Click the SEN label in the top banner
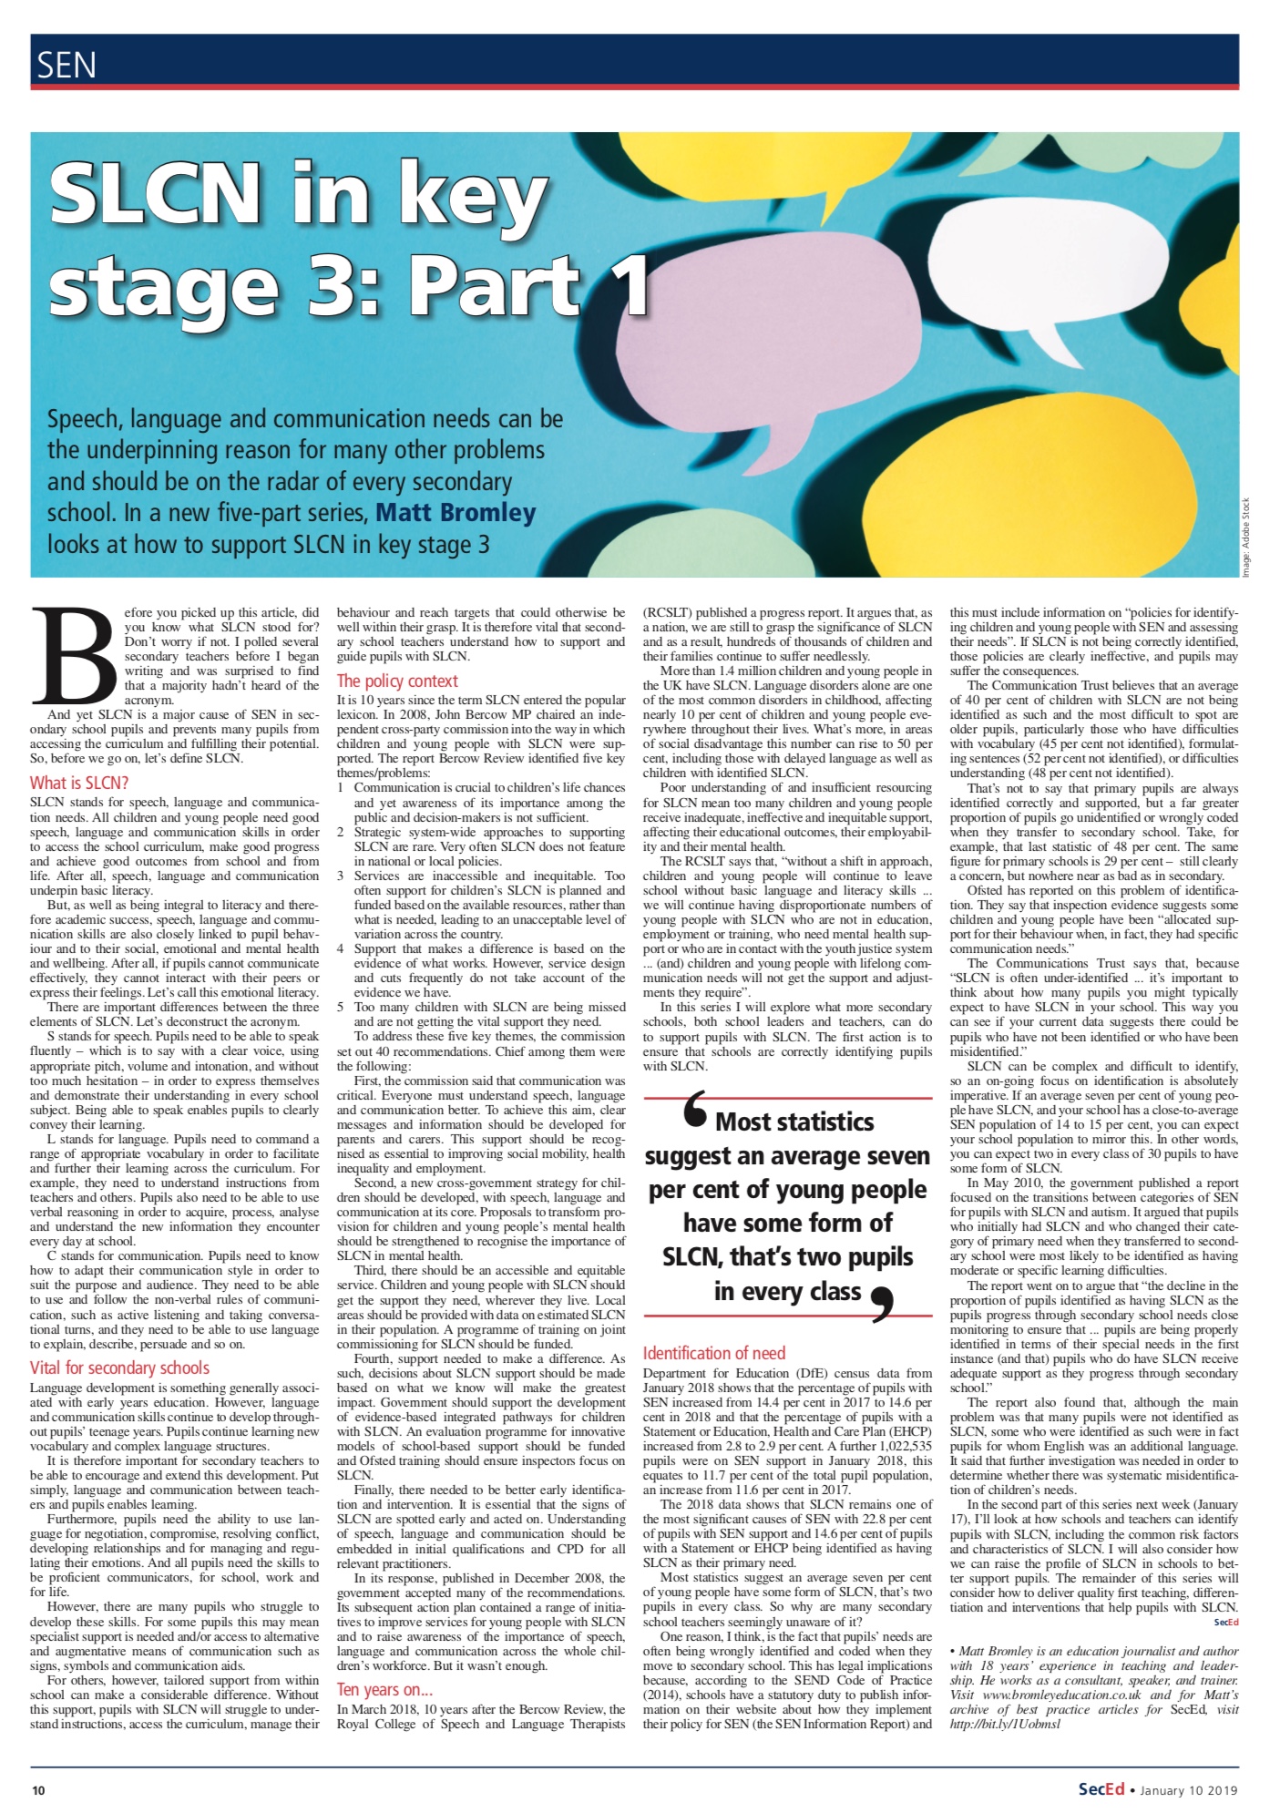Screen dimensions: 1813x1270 [x=67, y=66]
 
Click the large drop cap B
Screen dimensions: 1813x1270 [x=74, y=657]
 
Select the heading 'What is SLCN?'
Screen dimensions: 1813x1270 [x=79, y=783]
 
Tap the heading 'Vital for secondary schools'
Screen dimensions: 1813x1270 [x=119, y=1367]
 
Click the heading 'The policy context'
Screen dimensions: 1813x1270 [x=397, y=681]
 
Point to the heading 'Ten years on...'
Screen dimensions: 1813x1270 [x=384, y=1690]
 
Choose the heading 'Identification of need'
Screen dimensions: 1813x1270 [x=714, y=1353]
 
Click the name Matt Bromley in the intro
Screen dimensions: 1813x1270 [x=456, y=513]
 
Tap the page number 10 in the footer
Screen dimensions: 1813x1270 [x=38, y=1790]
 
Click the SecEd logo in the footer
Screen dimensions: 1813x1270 [x=1101, y=1789]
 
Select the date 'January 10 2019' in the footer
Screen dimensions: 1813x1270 [x=1188, y=1790]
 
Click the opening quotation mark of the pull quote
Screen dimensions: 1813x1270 [x=695, y=1112]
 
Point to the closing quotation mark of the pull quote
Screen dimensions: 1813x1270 [x=882, y=1302]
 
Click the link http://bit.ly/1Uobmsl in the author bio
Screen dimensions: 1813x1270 [x=1005, y=1725]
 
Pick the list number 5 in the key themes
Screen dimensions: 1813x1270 [x=341, y=1007]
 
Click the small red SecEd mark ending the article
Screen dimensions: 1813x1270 [x=1226, y=1623]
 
